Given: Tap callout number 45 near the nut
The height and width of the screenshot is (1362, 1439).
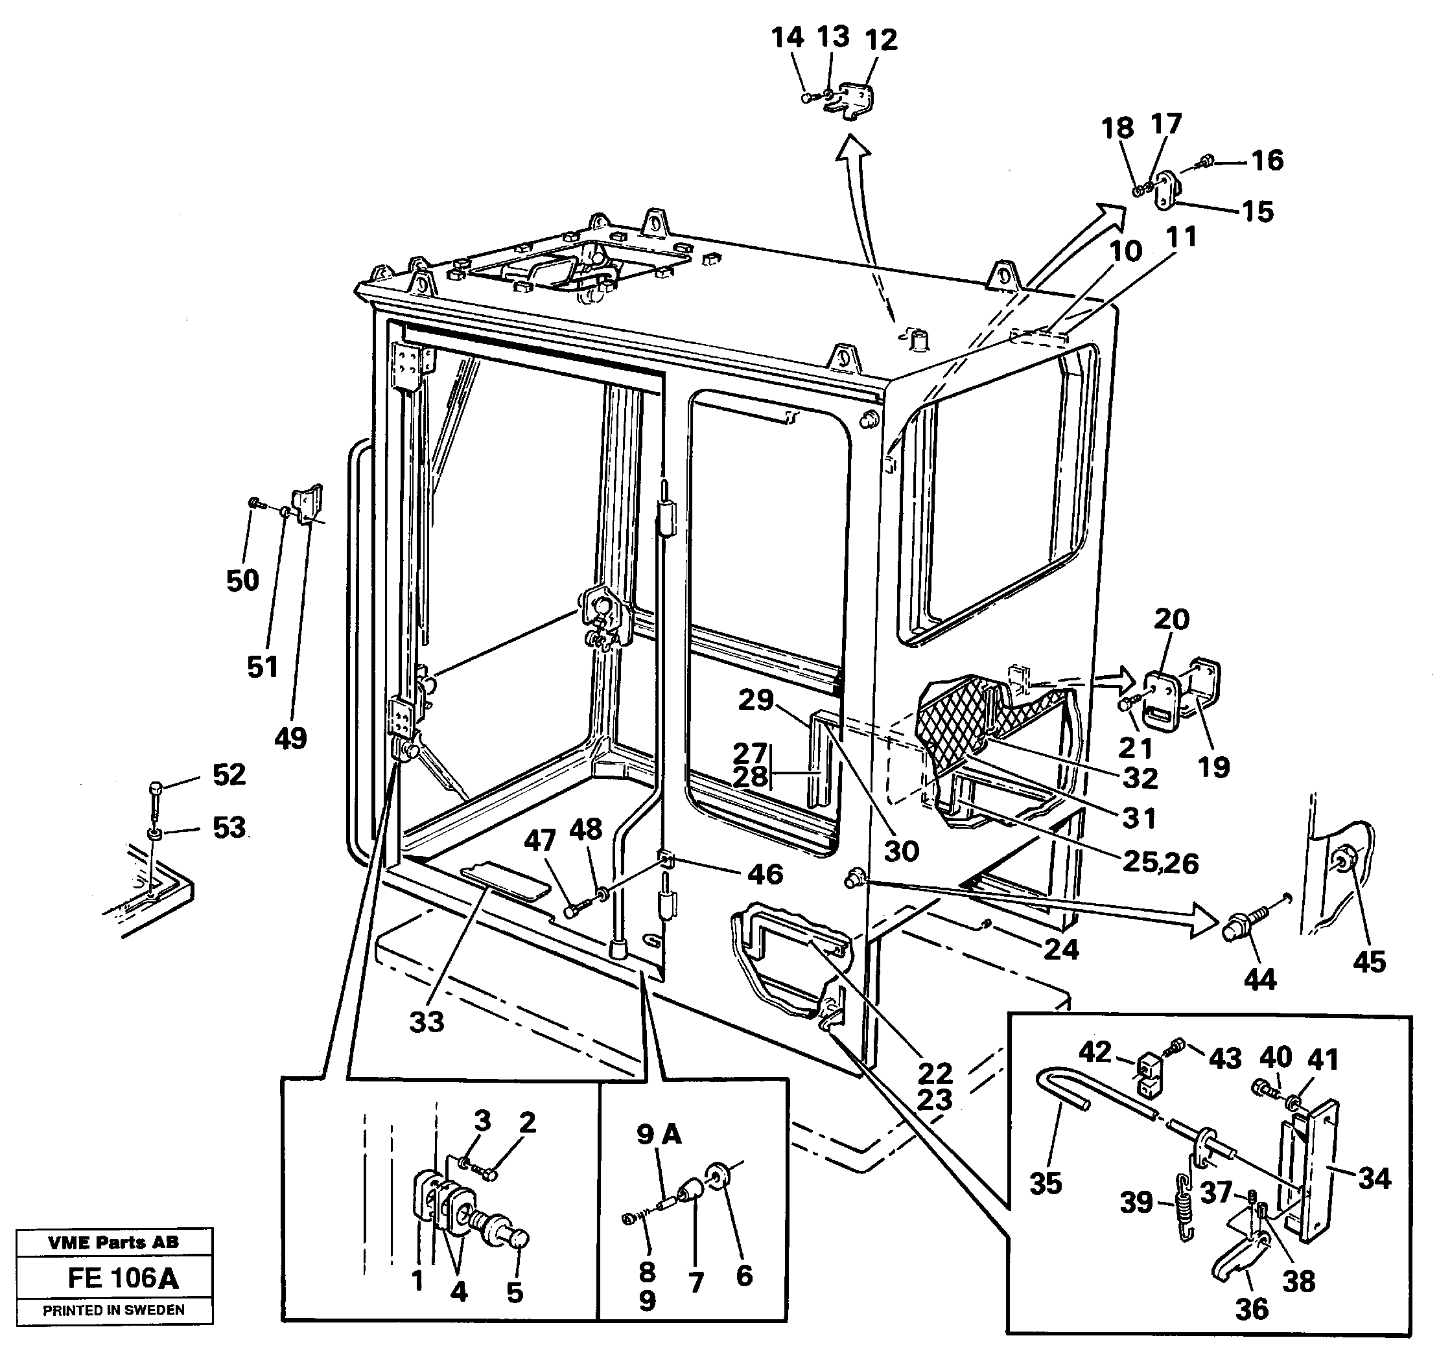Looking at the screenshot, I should click(1369, 962).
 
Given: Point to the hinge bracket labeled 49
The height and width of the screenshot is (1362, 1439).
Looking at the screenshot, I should click(308, 502).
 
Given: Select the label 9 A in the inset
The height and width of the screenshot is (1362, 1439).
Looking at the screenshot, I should click(659, 1134).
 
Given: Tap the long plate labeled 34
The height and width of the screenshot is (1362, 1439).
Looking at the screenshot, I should click(1315, 1169).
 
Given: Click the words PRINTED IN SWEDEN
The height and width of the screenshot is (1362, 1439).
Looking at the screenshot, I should click(113, 1310).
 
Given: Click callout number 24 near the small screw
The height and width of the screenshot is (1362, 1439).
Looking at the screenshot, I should click(1060, 948).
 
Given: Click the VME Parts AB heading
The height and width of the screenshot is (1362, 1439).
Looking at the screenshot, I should click(113, 1241).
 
